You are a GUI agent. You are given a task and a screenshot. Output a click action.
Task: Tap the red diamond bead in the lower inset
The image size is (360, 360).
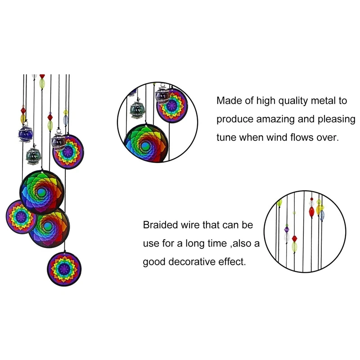click(x=295, y=238)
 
